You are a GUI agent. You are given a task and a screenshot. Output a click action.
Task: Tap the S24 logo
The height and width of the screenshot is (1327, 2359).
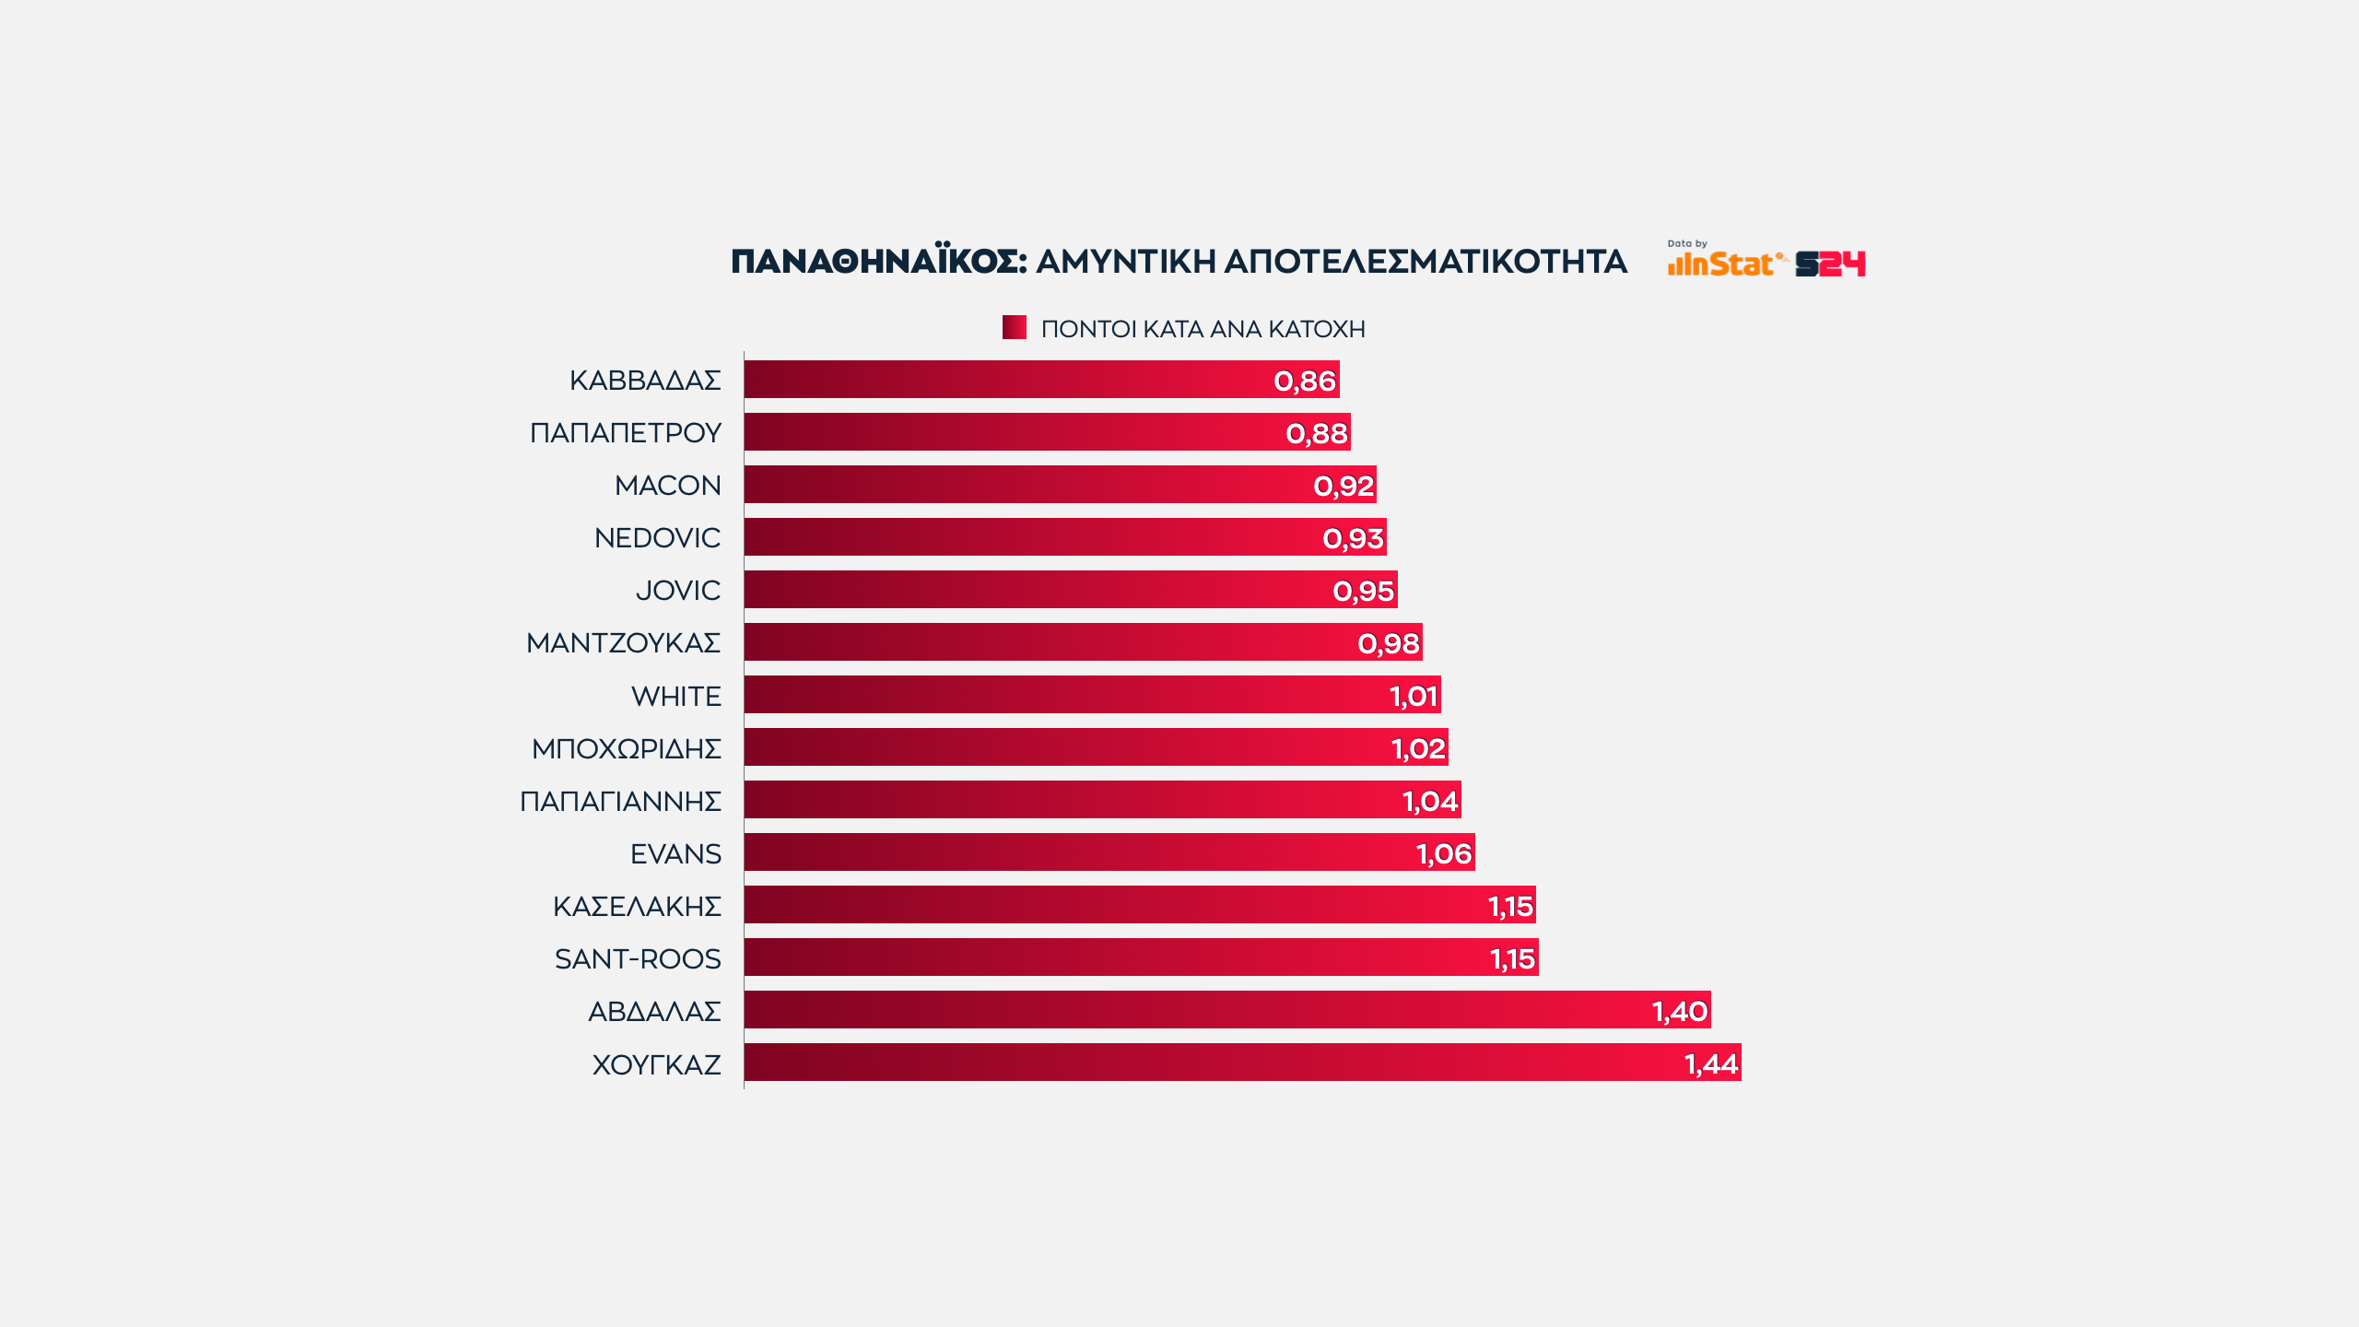[1830, 264]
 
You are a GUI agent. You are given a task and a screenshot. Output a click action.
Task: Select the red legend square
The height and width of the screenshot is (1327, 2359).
[1014, 327]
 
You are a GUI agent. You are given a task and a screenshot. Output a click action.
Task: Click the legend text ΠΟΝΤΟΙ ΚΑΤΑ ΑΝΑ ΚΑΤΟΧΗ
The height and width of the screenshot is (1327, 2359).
[1203, 329]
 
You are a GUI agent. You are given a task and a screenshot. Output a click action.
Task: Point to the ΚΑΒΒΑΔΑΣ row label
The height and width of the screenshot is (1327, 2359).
[644, 380]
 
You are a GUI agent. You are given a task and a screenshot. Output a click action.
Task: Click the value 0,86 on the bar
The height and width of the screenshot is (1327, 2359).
[1304, 381]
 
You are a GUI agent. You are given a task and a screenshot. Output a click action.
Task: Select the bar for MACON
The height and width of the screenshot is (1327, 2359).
[1060, 485]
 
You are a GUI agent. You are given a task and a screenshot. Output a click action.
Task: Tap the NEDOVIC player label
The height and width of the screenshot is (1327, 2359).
[657, 537]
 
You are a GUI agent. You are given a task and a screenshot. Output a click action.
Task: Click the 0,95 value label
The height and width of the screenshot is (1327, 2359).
[1363, 591]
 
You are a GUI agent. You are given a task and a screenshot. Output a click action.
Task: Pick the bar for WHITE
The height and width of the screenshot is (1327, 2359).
[1092, 695]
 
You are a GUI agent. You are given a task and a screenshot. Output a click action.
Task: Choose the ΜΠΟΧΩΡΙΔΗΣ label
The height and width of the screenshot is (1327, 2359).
[626, 748]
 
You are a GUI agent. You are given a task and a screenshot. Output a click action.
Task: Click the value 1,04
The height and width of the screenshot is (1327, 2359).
[1429, 801]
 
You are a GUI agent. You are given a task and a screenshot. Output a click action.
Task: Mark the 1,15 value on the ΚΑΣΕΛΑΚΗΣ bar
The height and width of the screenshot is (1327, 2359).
[1510, 906]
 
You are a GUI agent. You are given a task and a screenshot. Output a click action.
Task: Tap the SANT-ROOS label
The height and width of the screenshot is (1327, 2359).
[638, 958]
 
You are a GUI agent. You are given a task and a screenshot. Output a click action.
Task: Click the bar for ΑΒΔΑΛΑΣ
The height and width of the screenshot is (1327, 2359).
[1226, 1010]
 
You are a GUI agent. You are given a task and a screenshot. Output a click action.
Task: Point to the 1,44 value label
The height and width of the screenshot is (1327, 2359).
[1710, 1063]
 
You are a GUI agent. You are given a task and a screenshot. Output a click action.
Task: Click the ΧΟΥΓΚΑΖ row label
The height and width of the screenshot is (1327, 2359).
[656, 1064]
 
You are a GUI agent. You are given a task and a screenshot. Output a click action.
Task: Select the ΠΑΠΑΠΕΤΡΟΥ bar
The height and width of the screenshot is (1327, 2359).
[1047, 432]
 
